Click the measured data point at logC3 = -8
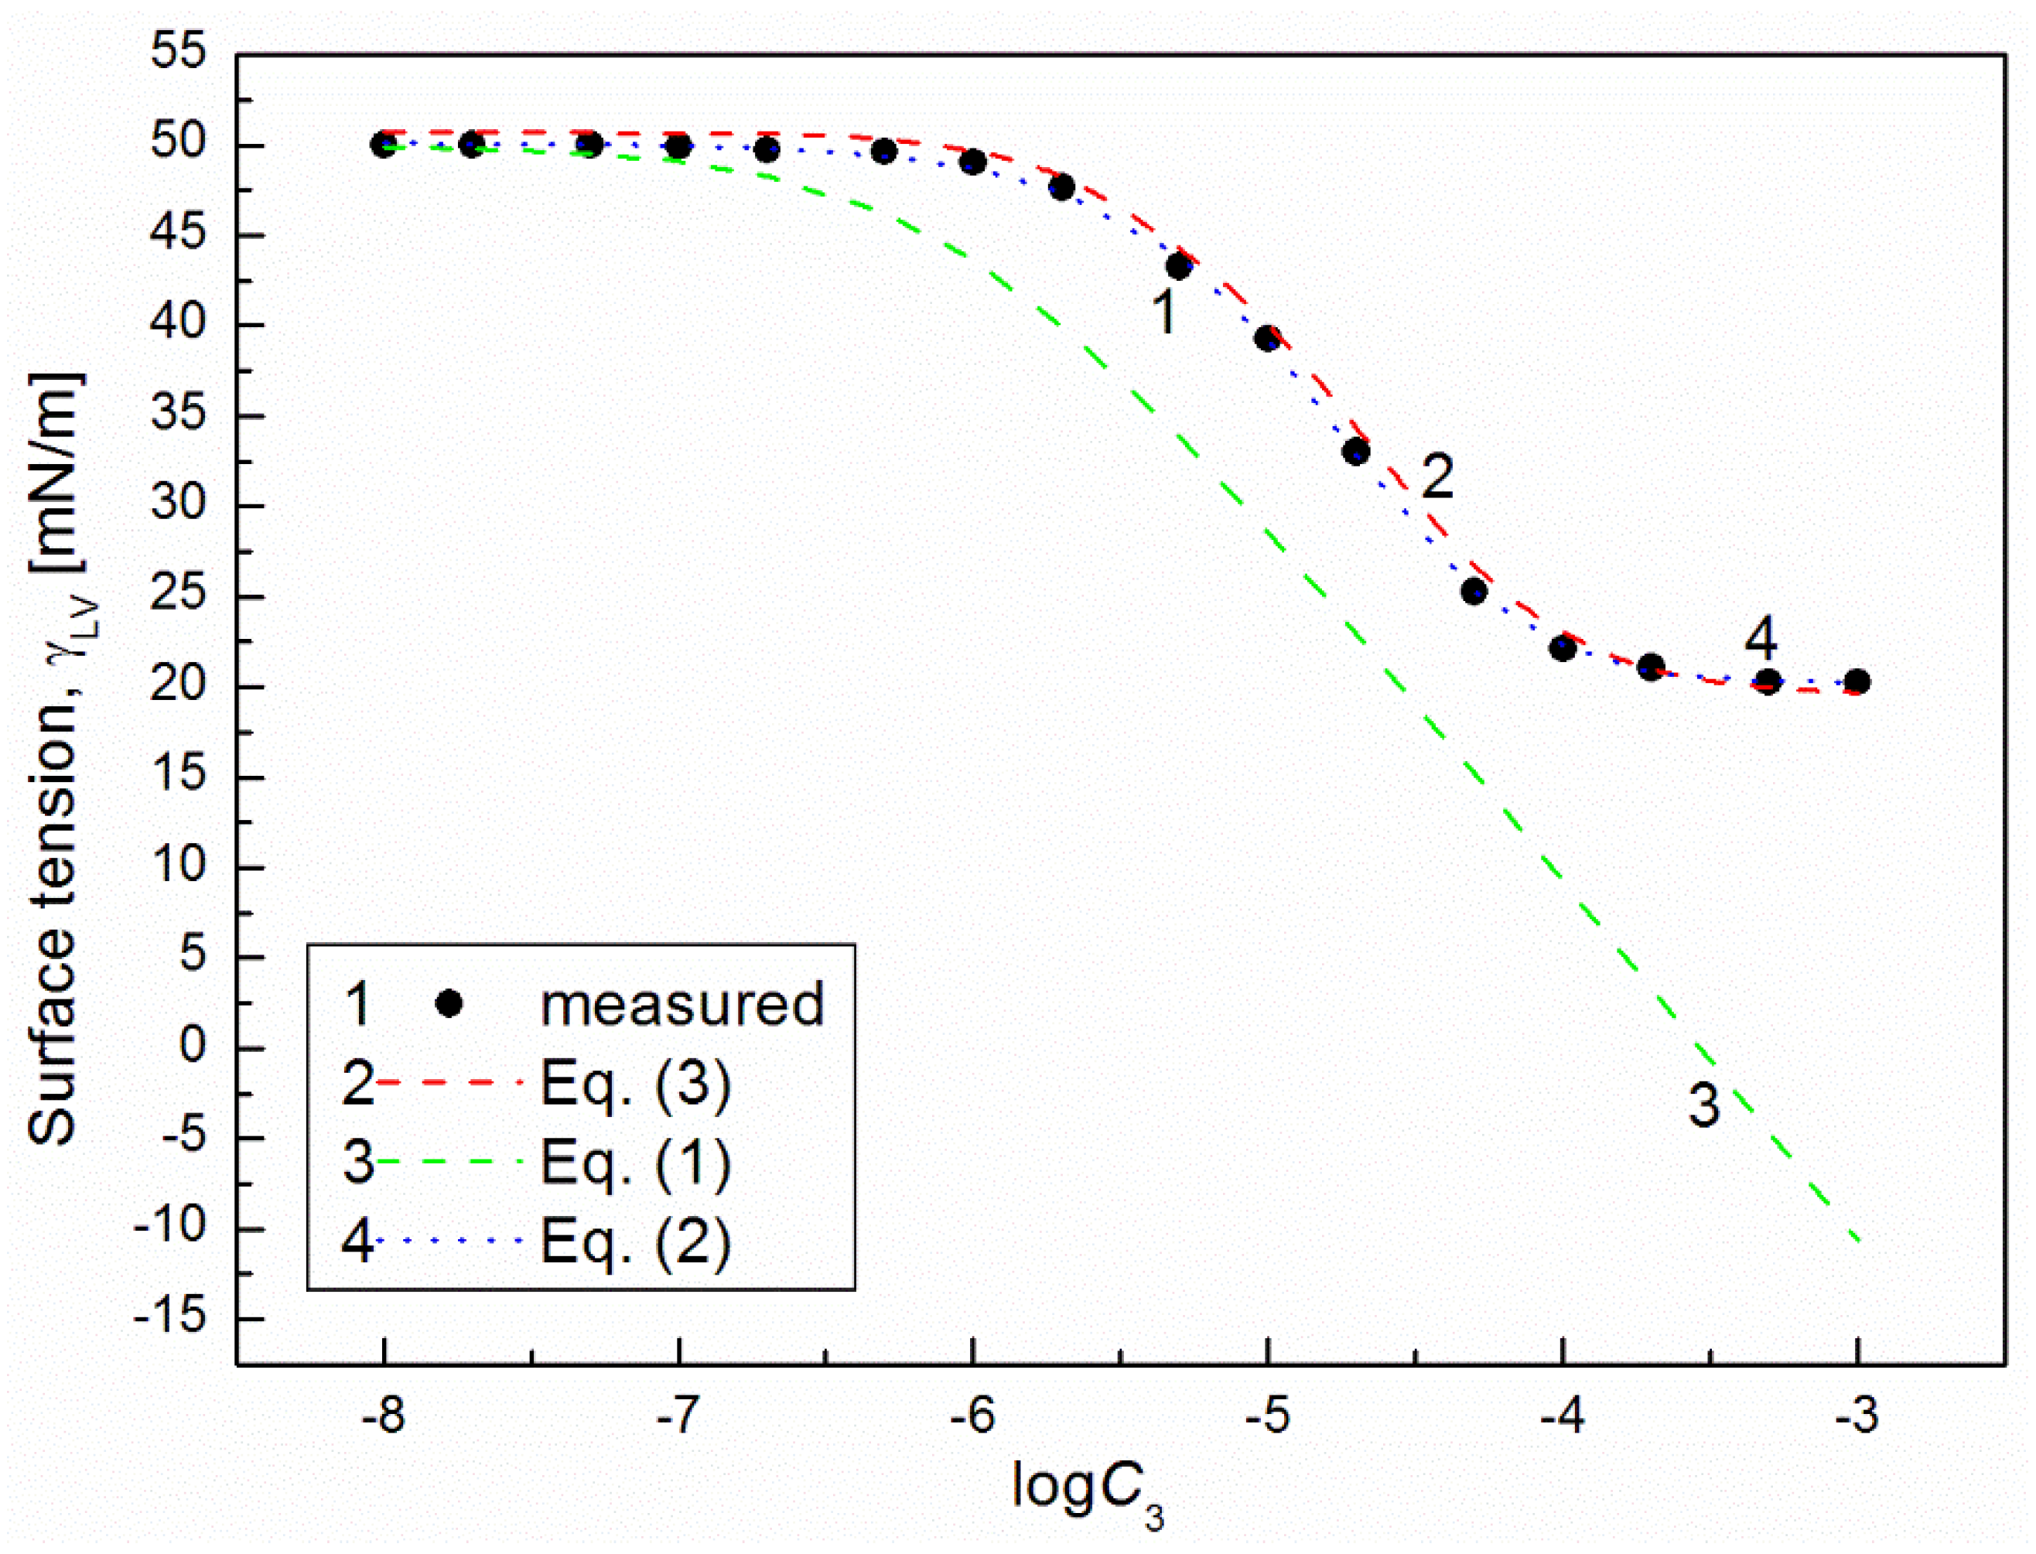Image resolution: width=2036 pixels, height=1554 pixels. pos(383,145)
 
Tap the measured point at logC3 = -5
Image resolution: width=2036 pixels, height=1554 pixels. pos(1267,339)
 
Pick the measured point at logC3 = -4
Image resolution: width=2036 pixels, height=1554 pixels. pos(1563,648)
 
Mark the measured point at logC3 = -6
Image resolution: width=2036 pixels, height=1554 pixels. pos(972,162)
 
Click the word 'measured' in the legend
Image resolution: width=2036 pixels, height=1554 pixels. pos(682,1005)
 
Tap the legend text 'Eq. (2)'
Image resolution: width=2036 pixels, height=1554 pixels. pos(636,1241)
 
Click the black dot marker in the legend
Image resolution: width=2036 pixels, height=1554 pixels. pos(449,1003)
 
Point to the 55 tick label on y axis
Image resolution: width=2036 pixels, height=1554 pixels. pos(179,52)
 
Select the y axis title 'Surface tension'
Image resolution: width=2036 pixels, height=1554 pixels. pos(53,759)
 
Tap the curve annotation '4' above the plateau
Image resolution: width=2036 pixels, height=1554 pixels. pos(1761,638)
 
